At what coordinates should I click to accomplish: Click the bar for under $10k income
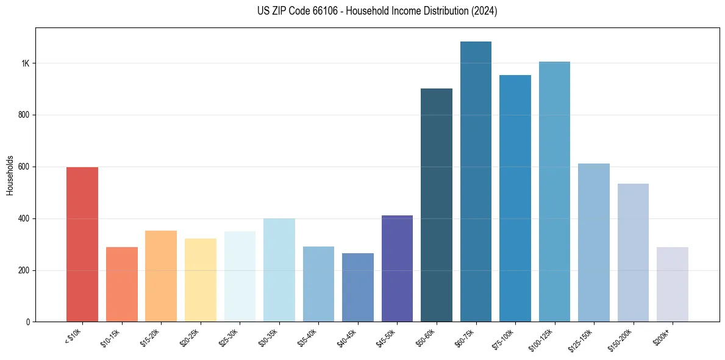click(x=82, y=244)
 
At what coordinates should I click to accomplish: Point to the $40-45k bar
click(x=357, y=287)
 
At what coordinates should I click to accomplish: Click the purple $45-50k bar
click(x=397, y=268)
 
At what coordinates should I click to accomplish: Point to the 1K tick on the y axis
click(x=25, y=63)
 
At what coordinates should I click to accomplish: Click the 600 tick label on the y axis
click(x=24, y=167)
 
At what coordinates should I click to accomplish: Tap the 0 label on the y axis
click(x=27, y=322)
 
